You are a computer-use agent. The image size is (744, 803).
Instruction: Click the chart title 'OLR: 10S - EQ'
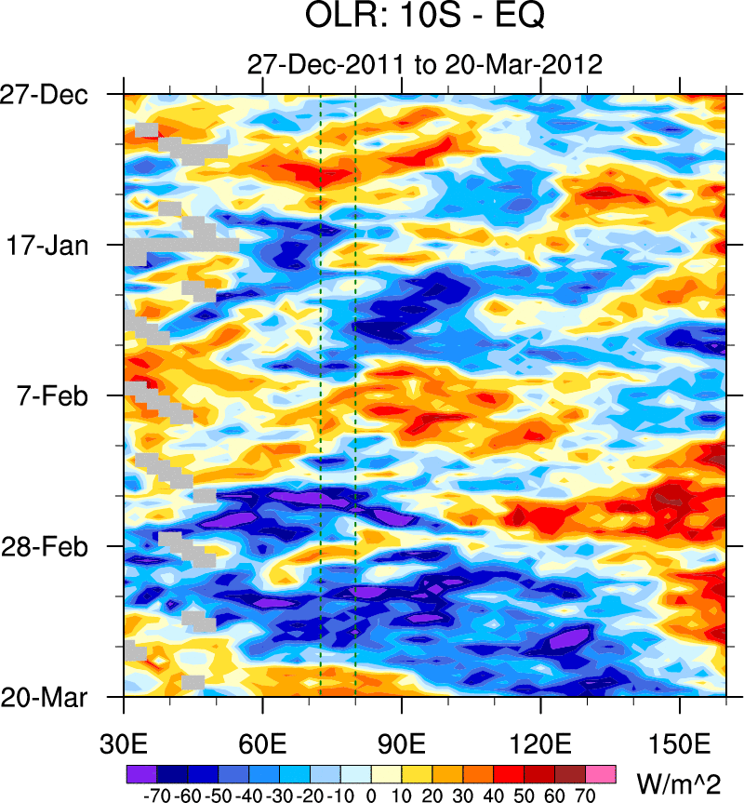(423, 18)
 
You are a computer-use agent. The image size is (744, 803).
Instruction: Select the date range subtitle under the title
(424, 64)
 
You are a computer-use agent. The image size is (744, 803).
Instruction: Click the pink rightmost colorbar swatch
(601, 774)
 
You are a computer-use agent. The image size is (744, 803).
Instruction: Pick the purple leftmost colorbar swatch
(141, 774)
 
